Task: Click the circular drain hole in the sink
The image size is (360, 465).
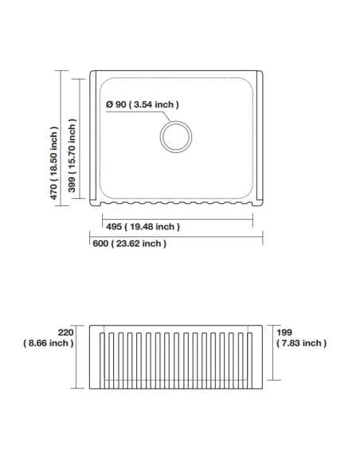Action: coord(176,137)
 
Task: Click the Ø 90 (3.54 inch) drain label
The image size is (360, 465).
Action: coord(142,104)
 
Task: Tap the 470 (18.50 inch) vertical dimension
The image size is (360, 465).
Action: coord(54,162)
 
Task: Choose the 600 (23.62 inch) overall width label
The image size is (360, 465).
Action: coord(129,244)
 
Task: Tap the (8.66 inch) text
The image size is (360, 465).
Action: coord(49,343)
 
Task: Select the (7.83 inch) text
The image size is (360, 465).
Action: coord(302,343)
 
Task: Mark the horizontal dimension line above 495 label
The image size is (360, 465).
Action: coord(177,217)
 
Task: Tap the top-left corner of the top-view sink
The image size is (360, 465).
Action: coord(91,71)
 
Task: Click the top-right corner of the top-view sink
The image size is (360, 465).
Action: coord(264,71)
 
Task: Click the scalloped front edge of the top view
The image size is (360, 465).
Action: coord(177,202)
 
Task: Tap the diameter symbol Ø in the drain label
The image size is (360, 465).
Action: coord(109,104)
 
